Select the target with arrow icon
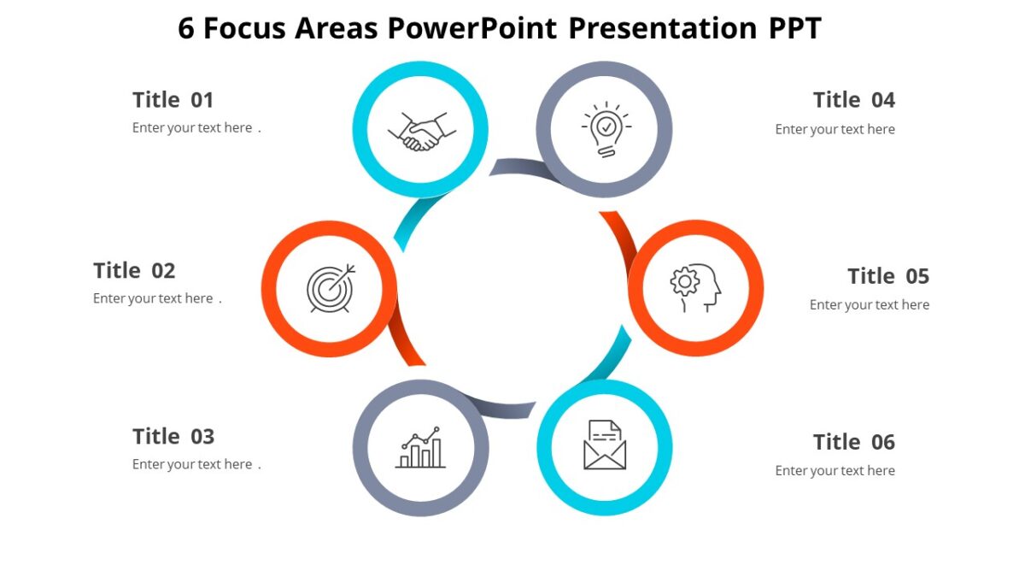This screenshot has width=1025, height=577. click(331, 288)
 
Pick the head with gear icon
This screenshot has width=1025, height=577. click(695, 287)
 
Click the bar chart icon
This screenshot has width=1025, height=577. click(420, 448)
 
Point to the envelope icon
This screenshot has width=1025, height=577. click(605, 445)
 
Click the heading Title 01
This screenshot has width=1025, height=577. click(173, 100)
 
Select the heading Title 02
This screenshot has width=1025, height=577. click(134, 271)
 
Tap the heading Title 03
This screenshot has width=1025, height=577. click(173, 437)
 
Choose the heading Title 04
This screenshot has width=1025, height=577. click(853, 100)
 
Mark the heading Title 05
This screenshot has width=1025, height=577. click(887, 277)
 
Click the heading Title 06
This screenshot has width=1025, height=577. click(853, 442)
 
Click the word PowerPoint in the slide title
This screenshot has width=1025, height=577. click(473, 28)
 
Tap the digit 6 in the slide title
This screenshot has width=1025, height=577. click(186, 29)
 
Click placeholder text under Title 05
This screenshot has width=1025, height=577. click(869, 305)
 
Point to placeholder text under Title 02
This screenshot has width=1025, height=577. click(154, 299)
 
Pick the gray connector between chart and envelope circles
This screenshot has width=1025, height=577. click(504, 408)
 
